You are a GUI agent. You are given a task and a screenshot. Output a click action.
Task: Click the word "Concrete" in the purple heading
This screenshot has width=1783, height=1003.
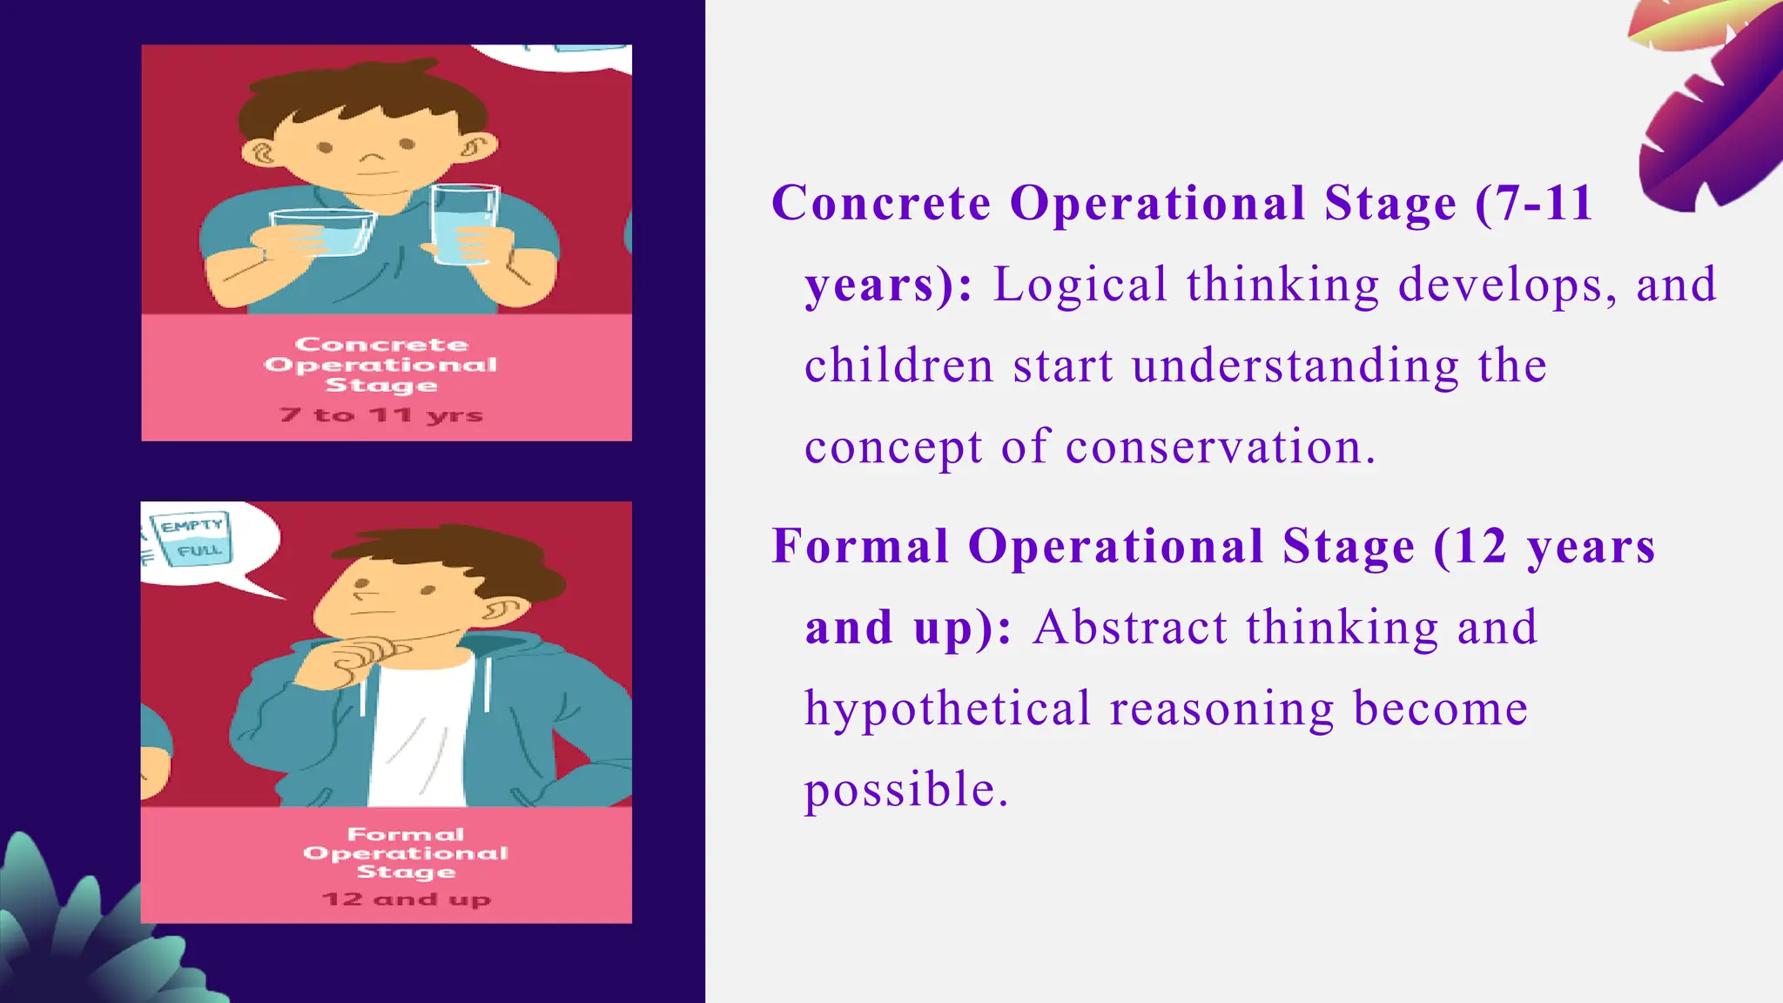coord(881,204)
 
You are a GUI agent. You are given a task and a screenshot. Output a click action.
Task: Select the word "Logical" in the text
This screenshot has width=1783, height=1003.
coord(1080,285)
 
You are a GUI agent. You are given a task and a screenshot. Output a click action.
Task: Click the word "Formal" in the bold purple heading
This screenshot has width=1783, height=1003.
coord(859,547)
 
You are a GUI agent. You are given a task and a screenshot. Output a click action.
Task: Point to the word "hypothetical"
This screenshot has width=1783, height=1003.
coord(947,709)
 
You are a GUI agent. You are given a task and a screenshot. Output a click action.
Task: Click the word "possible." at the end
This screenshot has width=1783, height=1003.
coord(905,790)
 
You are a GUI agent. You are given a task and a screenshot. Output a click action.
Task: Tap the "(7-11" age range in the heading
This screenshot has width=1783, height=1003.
coord(1534,204)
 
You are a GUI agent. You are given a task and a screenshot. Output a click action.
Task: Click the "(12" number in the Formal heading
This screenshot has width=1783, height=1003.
coord(1470,547)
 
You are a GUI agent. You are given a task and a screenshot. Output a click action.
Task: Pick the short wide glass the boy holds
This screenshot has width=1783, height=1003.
coord(323,232)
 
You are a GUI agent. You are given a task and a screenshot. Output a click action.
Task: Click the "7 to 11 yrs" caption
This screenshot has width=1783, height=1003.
coord(381,414)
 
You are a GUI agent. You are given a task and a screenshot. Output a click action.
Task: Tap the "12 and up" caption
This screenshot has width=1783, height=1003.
coord(406,899)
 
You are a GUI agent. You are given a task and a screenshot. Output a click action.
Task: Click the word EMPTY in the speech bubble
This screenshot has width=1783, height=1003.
coord(192,526)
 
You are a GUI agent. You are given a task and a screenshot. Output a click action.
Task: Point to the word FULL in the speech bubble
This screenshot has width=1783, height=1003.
coord(199,551)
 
